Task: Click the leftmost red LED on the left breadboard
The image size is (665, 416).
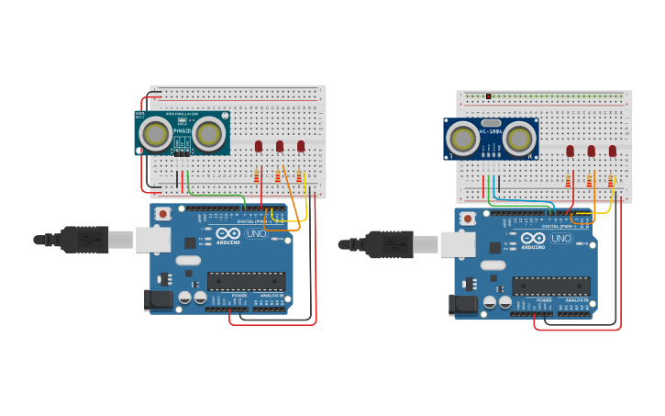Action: pyautogui.click(x=259, y=146)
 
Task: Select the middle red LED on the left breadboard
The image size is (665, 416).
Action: pyautogui.click(x=280, y=146)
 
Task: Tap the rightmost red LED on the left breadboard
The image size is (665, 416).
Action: pyautogui.click(x=301, y=146)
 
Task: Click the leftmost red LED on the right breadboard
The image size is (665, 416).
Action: pyautogui.click(x=570, y=151)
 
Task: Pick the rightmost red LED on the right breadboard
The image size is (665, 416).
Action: pyautogui.click(x=612, y=151)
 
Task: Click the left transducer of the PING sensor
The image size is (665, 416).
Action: pyautogui.click(x=155, y=135)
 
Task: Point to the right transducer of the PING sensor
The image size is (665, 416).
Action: pyautogui.click(x=209, y=134)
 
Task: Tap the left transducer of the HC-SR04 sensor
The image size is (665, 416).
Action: pyautogui.click(x=461, y=139)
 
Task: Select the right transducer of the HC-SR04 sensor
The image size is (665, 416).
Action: pyautogui.click(x=519, y=139)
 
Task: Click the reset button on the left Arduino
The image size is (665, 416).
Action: pyautogui.click(x=162, y=214)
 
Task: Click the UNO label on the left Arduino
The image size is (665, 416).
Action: pyautogui.click(x=256, y=234)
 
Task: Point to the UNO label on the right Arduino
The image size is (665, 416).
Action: pyautogui.click(x=560, y=239)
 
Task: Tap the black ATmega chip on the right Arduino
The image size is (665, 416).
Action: pyautogui.click(x=550, y=287)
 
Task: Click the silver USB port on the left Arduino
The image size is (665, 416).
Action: pyautogui.click(x=152, y=240)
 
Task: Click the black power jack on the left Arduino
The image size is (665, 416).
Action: pyautogui.click(x=159, y=299)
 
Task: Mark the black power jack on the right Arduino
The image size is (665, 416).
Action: pyautogui.click(x=464, y=304)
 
